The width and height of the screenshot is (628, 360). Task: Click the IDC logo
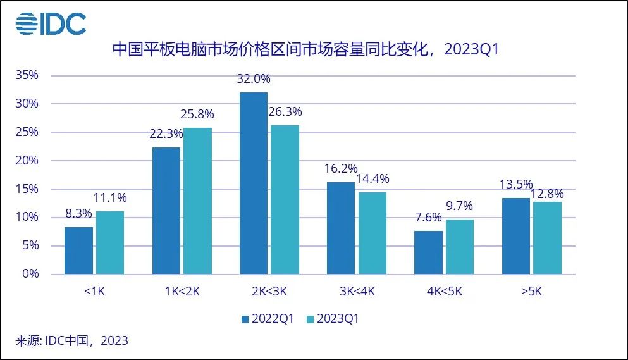pos(51,23)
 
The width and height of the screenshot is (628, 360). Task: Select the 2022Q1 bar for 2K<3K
pos(253,183)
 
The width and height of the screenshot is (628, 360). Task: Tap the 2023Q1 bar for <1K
pos(109,242)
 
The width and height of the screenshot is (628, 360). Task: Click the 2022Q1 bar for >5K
pos(515,236)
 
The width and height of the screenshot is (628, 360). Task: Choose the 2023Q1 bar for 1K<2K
pos(197,201)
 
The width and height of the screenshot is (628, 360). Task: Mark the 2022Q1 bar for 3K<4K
pos(340,228)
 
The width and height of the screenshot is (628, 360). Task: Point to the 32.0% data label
pos(253,79)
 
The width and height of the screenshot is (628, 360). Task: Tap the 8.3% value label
pos(78,214)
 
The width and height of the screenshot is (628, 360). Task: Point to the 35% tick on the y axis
pos(27,75)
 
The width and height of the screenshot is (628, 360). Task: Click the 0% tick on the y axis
pos(30,274)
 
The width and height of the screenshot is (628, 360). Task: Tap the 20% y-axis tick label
pos(27,160)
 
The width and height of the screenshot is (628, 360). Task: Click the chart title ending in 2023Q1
pos(305,49)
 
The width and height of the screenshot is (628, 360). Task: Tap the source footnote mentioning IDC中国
pos(71,341)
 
